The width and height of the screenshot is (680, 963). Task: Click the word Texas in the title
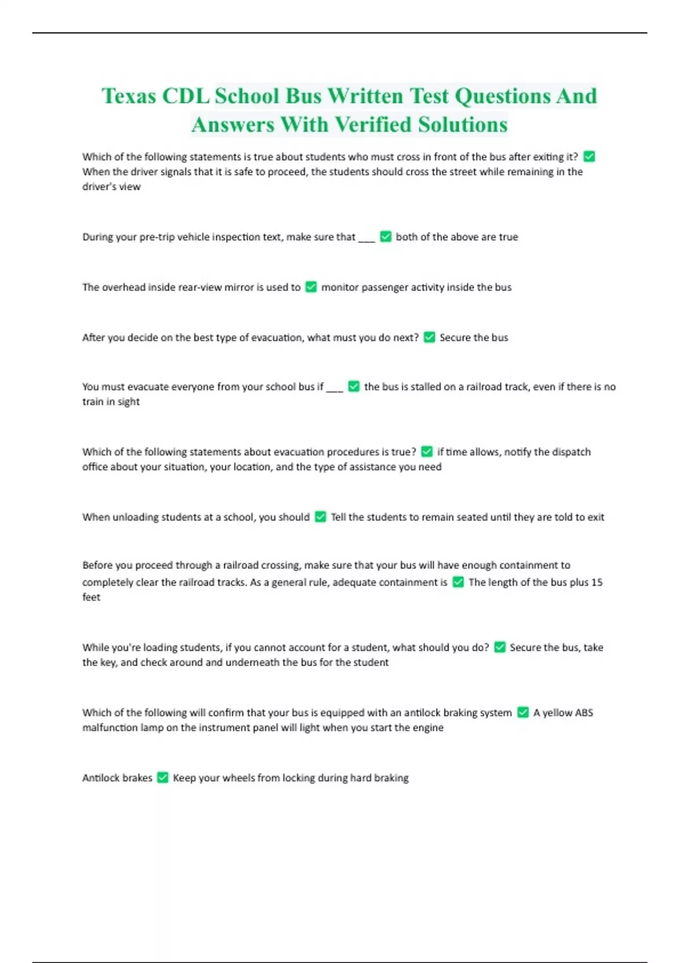point(129,96)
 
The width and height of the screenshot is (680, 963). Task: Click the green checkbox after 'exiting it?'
point(589,156)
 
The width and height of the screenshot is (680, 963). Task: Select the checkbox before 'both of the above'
point(386,237)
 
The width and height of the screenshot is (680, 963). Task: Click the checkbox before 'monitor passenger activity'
point(311,287)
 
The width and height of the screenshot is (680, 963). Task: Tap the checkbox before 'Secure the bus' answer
point(430,338)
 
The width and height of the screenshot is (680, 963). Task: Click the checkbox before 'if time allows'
point(427,452)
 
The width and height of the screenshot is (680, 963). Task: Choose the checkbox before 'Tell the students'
point(321,517)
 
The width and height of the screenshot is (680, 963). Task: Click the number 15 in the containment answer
point(596,582)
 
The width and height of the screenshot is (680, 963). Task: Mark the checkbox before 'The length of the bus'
point(458,582)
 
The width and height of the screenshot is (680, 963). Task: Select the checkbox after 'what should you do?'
point(500,647)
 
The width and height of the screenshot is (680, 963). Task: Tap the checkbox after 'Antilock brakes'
point(163,778)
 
